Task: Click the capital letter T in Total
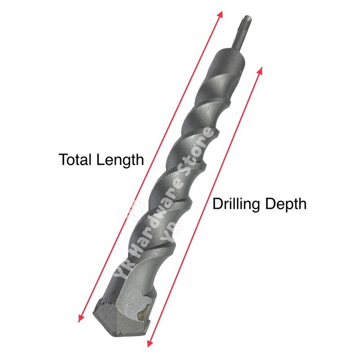(x=63, y=160)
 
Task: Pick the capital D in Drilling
(x=217, y=204)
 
